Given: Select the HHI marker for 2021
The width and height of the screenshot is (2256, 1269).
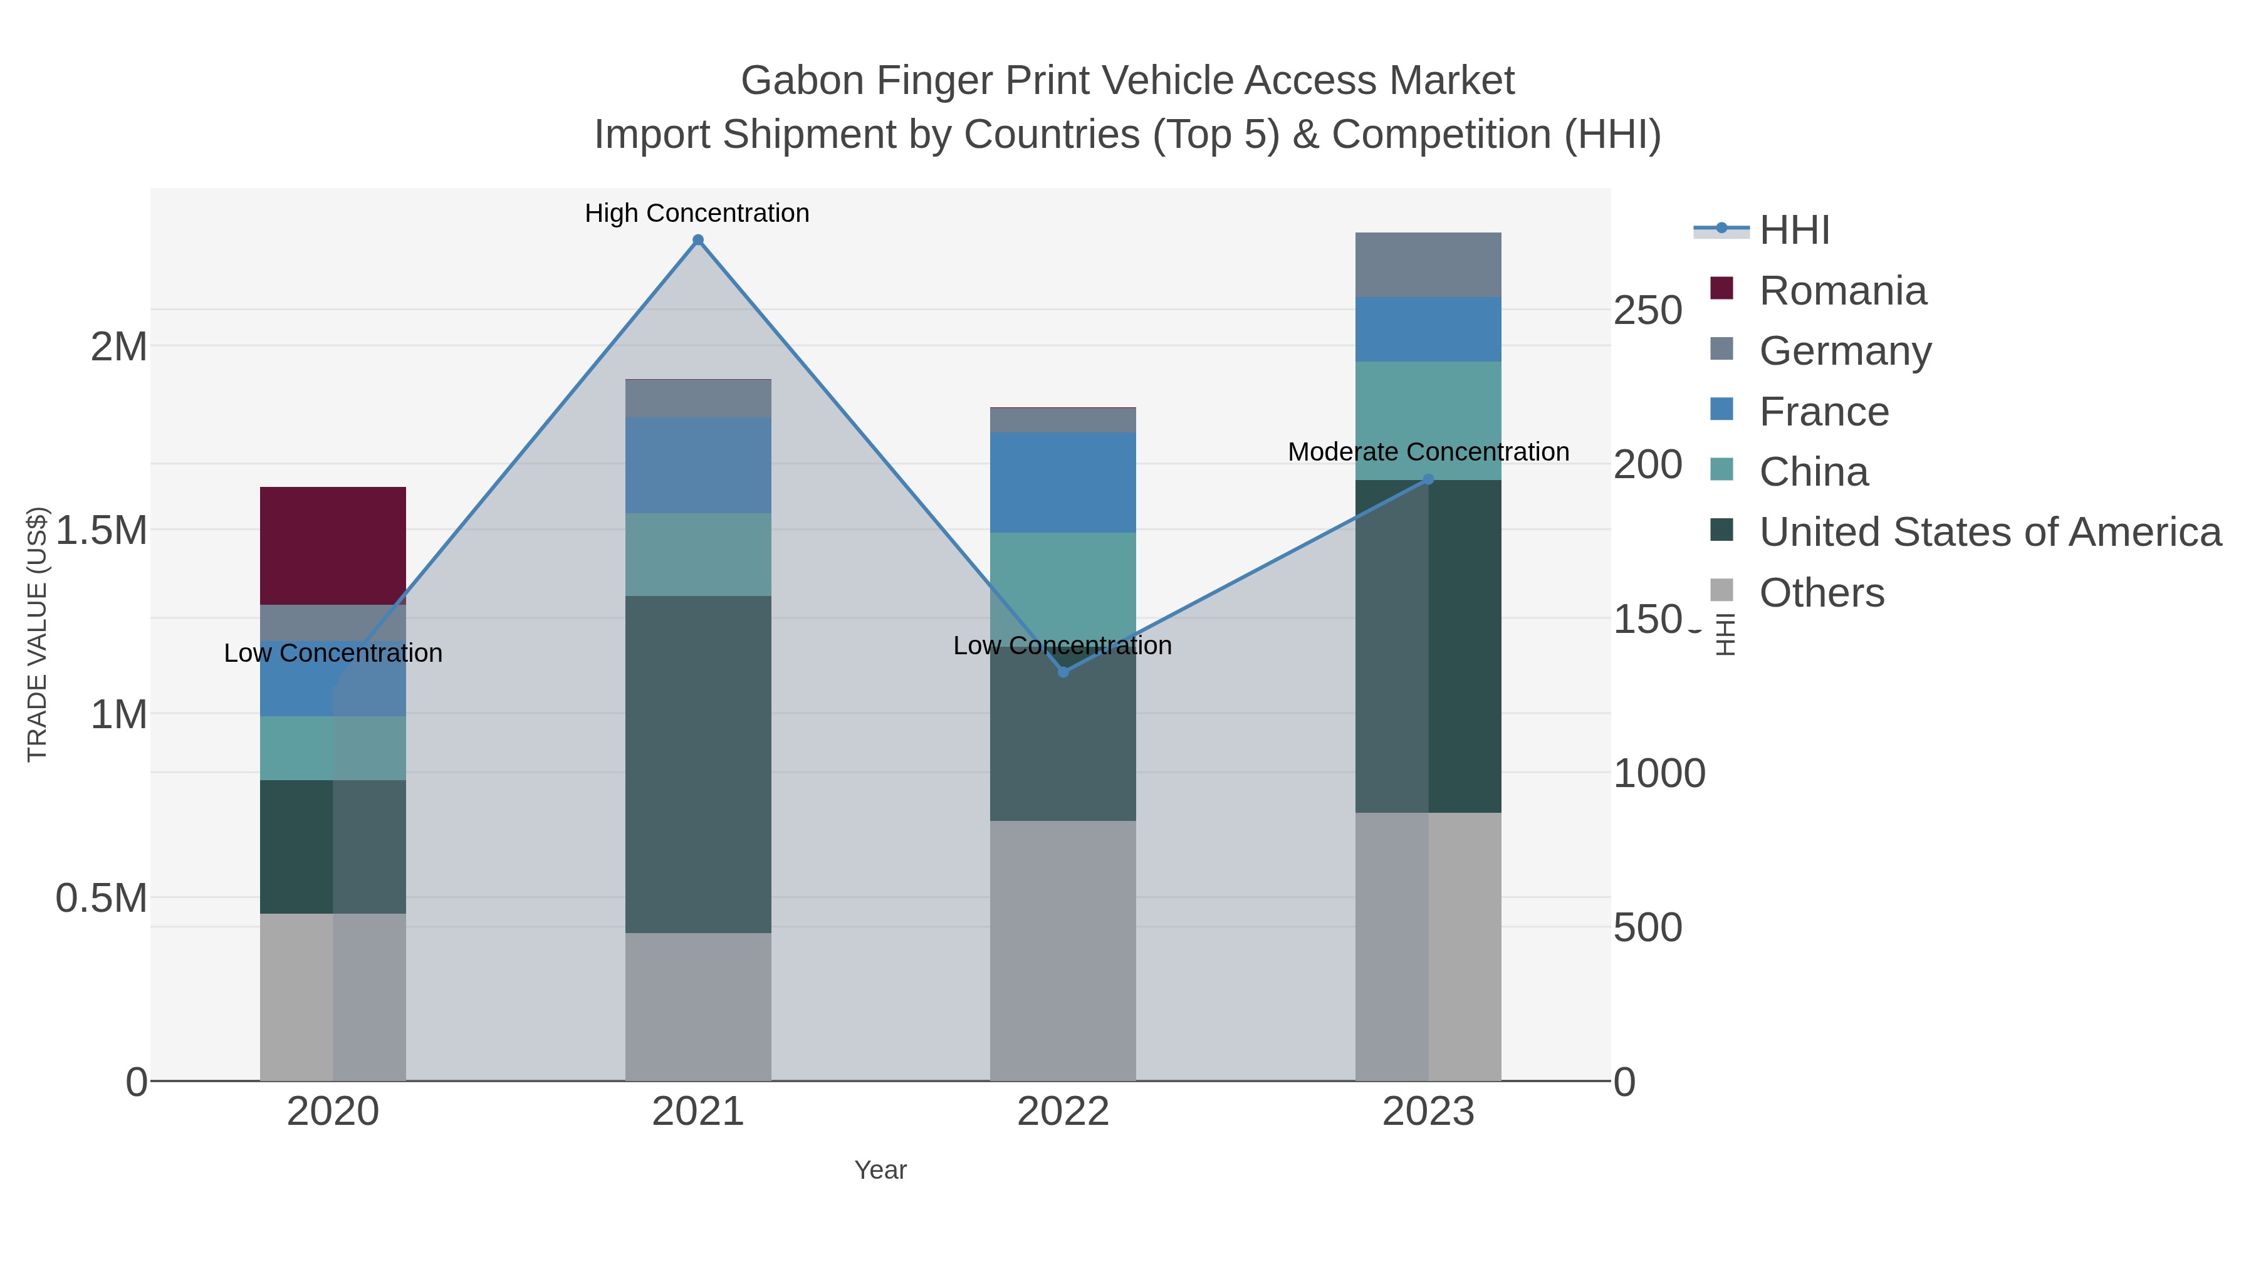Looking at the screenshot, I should pyautogui.click(x=698, y=240).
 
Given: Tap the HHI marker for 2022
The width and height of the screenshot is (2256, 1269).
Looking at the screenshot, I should pyautogui.click(x=1063, y=672).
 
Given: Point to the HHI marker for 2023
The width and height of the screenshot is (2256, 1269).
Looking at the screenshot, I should pyautogui.click(x=1428, y=479).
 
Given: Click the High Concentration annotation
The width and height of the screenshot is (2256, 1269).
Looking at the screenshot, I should pyautogui.click(x=697, y=214).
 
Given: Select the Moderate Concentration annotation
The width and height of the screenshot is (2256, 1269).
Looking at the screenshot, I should pyautogui.click(x=1428, y=452).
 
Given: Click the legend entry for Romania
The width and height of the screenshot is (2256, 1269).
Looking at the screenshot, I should pyautogui.click(x=1842, y=291).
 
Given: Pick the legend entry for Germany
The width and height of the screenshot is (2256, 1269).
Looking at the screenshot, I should pyautogui.click(x=1844, y=351).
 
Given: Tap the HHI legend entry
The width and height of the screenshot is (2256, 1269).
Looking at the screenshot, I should pyautogui.click(x=1794, y=231).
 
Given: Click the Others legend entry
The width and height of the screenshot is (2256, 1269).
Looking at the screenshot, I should pyautogui.click(x=1822, y=593).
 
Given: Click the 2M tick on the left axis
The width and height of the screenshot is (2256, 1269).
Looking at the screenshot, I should pyautogui.click(x=118, y=347).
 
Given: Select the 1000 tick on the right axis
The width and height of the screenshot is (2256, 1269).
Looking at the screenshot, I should pyautogui.click(x=1659, y=773).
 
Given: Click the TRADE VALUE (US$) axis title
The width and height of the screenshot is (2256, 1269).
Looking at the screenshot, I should pyautogui.click(x=37, y=634).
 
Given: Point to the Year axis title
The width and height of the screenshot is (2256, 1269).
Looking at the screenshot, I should pyautogui.click(x=880, y=1170).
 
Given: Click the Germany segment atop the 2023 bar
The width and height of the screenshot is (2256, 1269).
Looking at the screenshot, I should pyautogui.click(x=1428, y=264).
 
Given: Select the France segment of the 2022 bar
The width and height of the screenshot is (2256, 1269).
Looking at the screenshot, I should pyautogui.click(x=1063, y=482).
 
